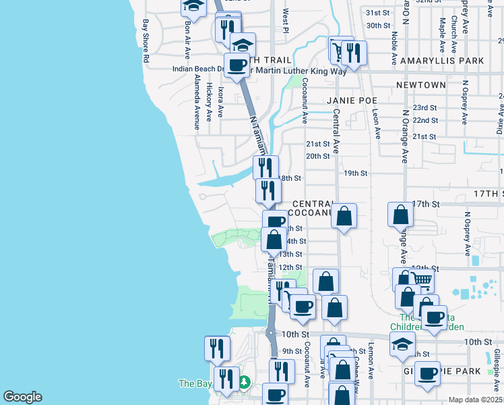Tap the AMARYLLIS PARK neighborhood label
[x=451, y=61]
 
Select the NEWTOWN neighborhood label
[x=421, y=85]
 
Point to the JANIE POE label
[x=351, y=100]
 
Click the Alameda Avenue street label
[x=197, y=102]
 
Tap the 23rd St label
[x=425, y=108]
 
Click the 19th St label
[x=355, y=173]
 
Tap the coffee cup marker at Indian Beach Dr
[x=237, y=65]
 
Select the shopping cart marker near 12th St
[x=421, y=278]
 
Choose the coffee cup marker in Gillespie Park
[x=427, y=373]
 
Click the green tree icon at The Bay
[x=243, y=383]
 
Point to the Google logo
[x=22, y=397]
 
